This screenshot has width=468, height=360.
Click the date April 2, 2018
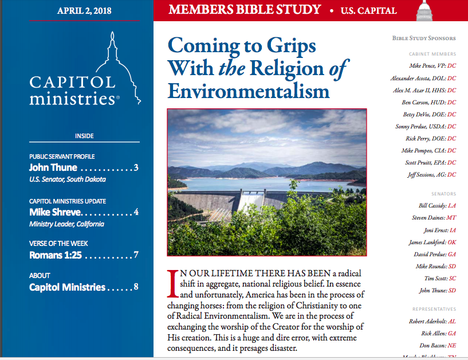84,11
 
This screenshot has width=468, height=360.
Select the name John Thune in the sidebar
52,168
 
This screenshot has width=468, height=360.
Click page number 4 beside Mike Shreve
136,212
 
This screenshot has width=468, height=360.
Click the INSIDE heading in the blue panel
84,136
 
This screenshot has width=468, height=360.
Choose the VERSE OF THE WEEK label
58,244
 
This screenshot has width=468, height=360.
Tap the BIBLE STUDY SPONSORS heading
424,38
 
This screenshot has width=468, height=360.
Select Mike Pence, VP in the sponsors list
427,66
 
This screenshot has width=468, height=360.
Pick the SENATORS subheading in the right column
443,194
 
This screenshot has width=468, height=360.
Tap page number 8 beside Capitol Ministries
136,287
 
